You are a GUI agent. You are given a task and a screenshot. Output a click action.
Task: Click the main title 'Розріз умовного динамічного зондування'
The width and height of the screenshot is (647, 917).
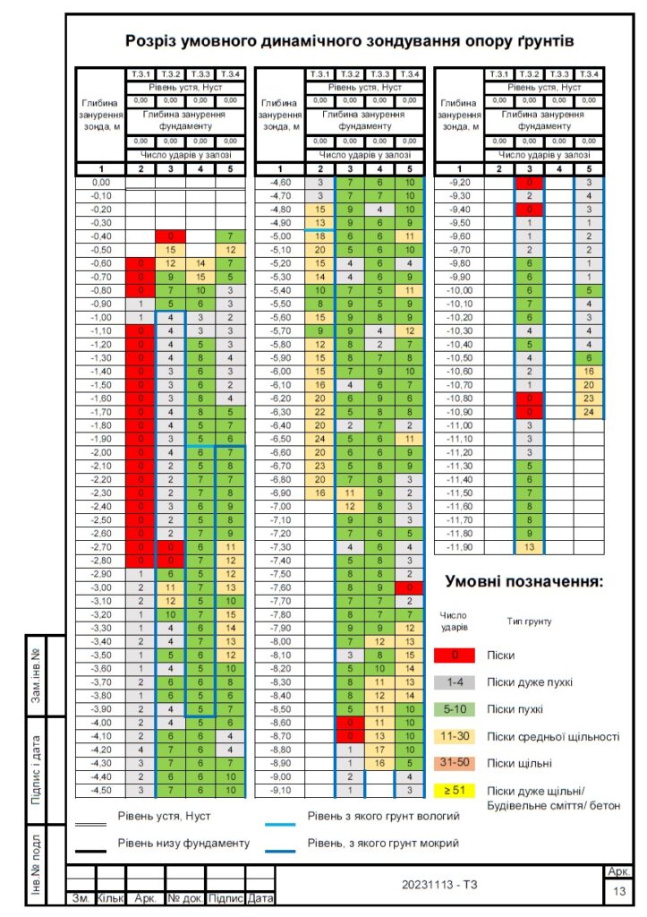pyautogui.click(x=349, y=41)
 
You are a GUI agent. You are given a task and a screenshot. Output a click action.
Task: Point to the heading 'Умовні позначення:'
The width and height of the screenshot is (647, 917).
pyautogui.click(x=524, y=582)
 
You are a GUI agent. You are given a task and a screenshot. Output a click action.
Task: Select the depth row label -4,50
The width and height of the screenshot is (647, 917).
pyautogui.click(x=101, y=789)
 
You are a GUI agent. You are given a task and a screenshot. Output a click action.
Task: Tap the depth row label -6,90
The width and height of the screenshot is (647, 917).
pyautogui.click(x=280, y=493)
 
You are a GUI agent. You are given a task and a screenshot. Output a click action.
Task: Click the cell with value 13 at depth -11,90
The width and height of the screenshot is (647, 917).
pyautogui.click(x=529, y=546)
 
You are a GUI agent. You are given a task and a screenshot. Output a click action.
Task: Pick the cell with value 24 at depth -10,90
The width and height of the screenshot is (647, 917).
pyautogui.click(x=588, y=412)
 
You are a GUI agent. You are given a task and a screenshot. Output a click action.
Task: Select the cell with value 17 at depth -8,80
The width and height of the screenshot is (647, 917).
pyautogui.click(x=379, y=749)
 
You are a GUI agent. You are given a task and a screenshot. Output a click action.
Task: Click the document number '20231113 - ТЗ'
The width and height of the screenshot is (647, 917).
pyautogui.click(x=438, y=885)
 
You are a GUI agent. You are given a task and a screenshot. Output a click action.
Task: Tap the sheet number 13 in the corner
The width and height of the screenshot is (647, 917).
pyautogui.click(x=619, y=892)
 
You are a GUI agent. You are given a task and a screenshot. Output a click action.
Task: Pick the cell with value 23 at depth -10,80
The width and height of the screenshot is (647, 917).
pyautogui.click(x=588, y=399)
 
